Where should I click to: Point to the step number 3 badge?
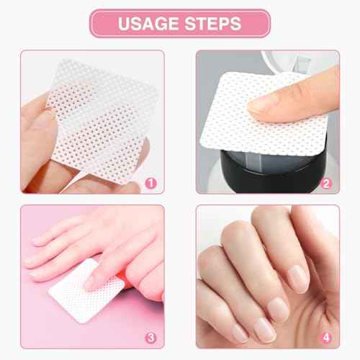(x=150, y=337)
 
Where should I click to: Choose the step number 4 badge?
(x=326, y=337)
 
